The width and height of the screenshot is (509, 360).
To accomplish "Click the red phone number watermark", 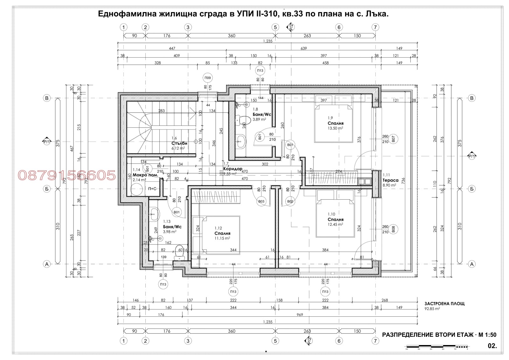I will (67, 175).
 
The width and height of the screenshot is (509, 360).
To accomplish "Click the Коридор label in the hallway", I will (233, 169).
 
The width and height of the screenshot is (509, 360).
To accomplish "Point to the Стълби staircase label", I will (179, 143).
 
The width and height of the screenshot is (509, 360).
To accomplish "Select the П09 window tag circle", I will (208, 78).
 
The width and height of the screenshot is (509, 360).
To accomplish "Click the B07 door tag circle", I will (393, 139).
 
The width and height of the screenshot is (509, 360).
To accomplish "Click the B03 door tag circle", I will (261, 201).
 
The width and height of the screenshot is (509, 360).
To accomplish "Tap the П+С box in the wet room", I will (152, 189).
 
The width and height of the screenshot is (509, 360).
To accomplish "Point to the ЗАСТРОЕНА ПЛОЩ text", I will (444, 303).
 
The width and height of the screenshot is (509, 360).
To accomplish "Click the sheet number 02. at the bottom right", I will (492, 345).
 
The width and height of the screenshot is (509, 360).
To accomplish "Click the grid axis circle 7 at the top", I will (375, 27).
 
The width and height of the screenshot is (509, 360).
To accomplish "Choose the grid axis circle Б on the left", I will (47, 189).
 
